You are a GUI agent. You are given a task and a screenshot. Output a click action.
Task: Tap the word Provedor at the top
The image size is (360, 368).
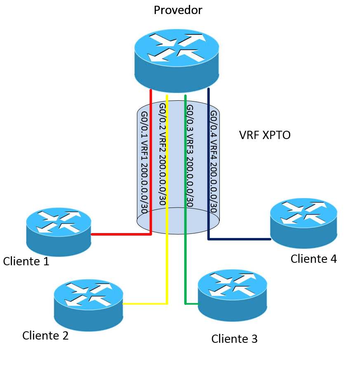(178, 10)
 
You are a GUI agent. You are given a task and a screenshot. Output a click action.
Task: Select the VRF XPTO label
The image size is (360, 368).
(265, 135)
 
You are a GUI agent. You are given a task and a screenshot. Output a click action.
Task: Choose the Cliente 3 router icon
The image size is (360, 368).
(233, 295)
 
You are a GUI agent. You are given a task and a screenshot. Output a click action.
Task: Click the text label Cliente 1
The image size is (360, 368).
(26, 262)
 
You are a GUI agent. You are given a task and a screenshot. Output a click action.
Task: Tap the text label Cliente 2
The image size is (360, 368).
(45, 336)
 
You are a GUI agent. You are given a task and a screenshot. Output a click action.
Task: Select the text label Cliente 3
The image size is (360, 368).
(234, 339)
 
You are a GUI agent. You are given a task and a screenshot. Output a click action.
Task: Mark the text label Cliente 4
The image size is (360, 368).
(313, 259)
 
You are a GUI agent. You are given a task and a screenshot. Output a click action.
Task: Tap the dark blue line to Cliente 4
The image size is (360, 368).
(239, 239)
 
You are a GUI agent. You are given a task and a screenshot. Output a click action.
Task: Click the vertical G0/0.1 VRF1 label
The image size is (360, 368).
(144, 161)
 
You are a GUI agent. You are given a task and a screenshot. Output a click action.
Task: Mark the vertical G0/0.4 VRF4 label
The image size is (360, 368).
(214, 161)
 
